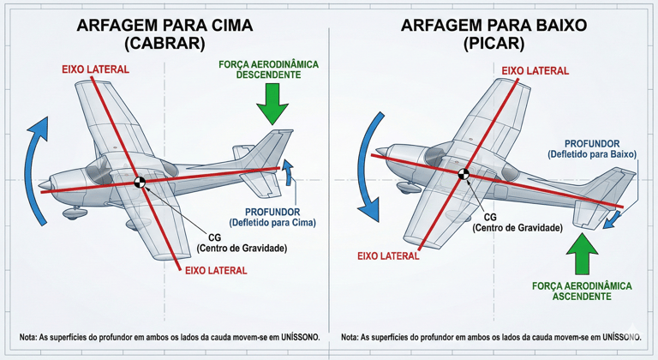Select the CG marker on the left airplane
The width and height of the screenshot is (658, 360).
click(x=139, y=182)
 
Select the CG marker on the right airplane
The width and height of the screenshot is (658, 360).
click(x=464, y=175)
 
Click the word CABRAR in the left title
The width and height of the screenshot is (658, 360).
click(x=164, y=43)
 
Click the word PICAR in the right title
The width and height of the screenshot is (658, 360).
click(x=493, y=43)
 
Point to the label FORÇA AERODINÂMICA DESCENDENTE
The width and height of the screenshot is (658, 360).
click(x=268, y=69)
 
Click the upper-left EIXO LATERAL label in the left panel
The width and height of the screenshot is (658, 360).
click(x=95, y=69)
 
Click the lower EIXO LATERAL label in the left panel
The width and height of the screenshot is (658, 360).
click(x=213, y=270)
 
